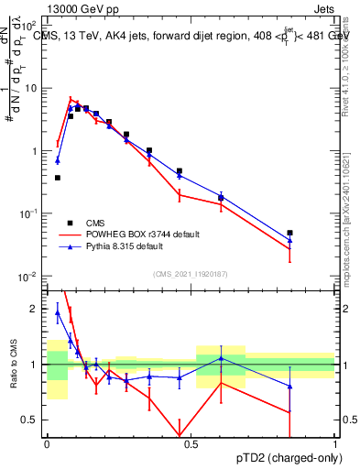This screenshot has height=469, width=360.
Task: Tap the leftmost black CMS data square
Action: pos(58,178)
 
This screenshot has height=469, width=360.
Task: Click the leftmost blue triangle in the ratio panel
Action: pos(58,312)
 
